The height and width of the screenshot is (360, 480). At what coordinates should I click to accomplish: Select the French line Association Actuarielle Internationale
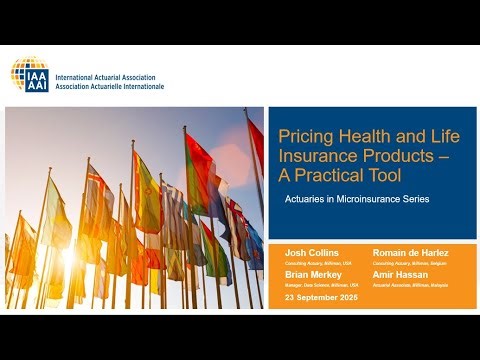click(x=110, y=86)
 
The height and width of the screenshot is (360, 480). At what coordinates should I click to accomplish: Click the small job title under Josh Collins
click(x=313, y=262)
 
